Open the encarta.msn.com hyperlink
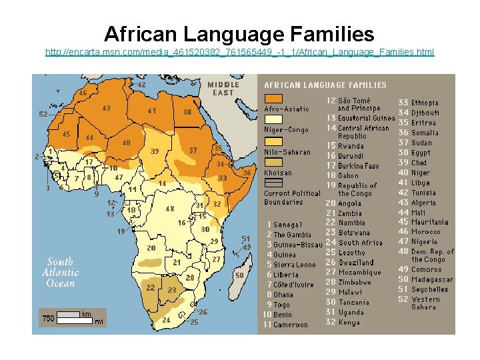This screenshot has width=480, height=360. pyautogui.click(x=239, y=51)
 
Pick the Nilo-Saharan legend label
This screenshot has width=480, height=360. pyautogui.click(x=287, y=152)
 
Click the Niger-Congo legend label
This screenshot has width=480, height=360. pyautogui.click(x=286, y=130)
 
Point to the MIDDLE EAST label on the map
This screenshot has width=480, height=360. pyautogui.click(x=223, y=89)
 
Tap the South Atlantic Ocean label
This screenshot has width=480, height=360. pyautogui.click(x=61, y=273)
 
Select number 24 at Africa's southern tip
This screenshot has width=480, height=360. pyautogui.click(x=166, y=320)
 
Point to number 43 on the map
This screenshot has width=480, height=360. pyautogui.click(x=106, y=108)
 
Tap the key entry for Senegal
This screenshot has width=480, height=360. pyautogui.click(x=284, y=225)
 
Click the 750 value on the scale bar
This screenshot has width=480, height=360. pyautogui.click(x=49, y=319)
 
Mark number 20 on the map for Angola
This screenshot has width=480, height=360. pyautogui.click(x=151, y=248)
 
